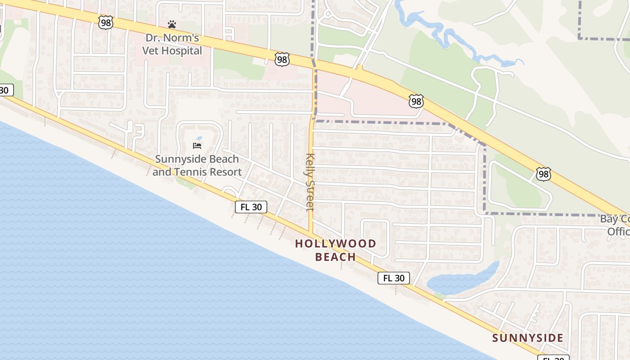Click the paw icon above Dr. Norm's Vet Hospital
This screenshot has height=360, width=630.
coord(172,24)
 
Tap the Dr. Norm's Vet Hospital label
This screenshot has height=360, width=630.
coord(172,44)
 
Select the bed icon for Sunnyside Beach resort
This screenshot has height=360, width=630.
coord(197,146)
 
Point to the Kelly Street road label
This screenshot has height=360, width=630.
coord(310,182)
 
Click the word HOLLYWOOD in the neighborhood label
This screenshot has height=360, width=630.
coord(335,244)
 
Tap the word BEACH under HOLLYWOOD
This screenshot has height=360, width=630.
coord(335,257)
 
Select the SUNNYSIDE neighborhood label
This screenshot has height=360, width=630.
coord(527,338)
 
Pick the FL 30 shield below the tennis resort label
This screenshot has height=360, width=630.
coord(251,207)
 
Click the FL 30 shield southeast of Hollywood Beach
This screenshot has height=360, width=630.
coord(394,278)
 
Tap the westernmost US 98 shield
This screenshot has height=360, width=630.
coord(106,22)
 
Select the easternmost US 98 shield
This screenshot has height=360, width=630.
coord(543,174)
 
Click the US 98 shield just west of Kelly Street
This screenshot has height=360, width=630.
coord(282,59)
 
